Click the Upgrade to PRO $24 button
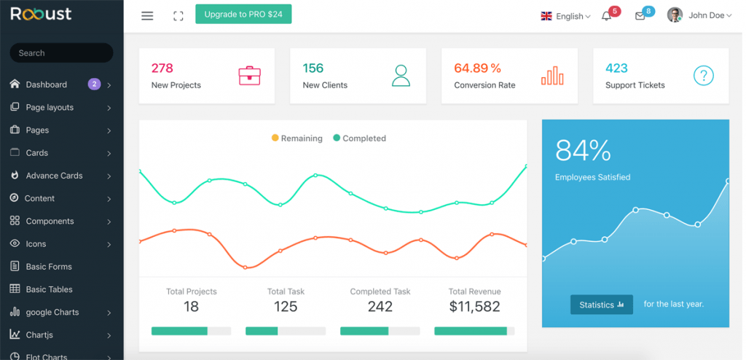243,15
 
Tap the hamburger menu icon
147,15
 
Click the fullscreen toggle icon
178,15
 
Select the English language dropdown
565,16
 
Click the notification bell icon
606,16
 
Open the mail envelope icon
640,16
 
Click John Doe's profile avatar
675,15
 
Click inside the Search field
61,53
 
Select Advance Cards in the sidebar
54,176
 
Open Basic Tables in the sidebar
49,289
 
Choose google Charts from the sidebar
52,312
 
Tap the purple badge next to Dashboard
94,84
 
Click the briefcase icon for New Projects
249,76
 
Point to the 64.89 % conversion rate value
477,69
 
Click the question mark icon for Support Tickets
703,76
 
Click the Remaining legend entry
297,138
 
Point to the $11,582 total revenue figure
474,307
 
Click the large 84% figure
583,150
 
